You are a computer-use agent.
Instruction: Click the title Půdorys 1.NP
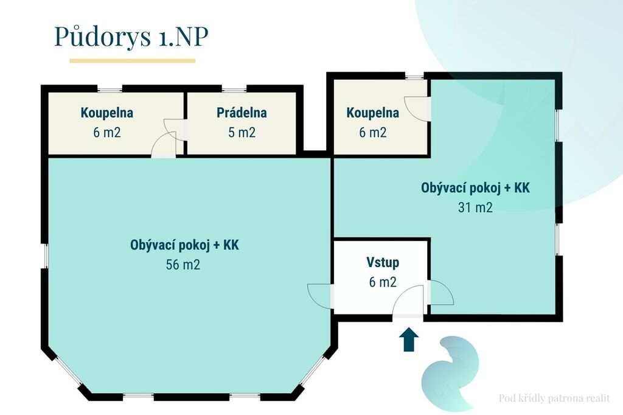coord(131,37)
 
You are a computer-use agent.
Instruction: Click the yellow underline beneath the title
coord(132,61)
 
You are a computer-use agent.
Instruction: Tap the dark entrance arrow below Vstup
coord(408,340)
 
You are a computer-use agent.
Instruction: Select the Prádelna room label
coord(242,113)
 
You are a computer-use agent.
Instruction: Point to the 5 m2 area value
coord(242,132)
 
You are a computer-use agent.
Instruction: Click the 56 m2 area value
coord(183,264)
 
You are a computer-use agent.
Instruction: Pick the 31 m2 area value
coord(475,207)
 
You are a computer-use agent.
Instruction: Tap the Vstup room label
coord(383,262)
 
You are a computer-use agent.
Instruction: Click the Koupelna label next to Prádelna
coord(107,113)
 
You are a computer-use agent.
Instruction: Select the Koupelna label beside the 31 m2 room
coord(373,113)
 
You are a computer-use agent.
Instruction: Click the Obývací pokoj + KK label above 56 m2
coord(185,245)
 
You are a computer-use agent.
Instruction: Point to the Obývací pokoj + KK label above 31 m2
coord(476,187)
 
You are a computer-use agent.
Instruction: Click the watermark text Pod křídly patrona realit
coord(554,398)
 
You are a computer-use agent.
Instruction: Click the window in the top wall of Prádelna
coord(234,89)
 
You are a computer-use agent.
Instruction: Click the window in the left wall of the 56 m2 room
coord(45,256)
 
